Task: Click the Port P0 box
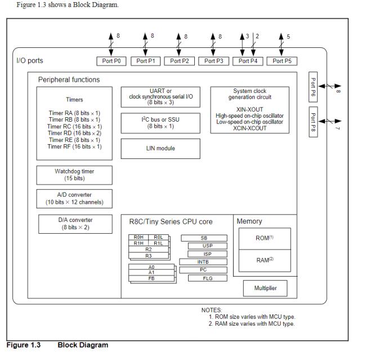tap(112, 61)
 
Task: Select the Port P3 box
tap(214, 61)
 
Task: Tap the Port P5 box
tap(282, 61)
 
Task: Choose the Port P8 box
tap(314, 123)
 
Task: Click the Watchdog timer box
tap(74, 175)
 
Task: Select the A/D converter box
tap(74, 198)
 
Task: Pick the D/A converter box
tap(75, 224)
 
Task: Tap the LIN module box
tap(160, 148)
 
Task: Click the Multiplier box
tap(265, 288)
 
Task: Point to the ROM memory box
tap(264, 238)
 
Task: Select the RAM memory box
tap(264, 260)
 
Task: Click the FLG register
tap(207, 278)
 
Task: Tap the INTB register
tap(203, 262)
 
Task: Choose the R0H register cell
tap(139, 238)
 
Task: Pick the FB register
tap(151, 278)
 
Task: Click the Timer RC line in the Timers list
tap(74, 126)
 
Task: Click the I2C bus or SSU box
tap(160, 122)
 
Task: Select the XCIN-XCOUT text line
tap(249, 128)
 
